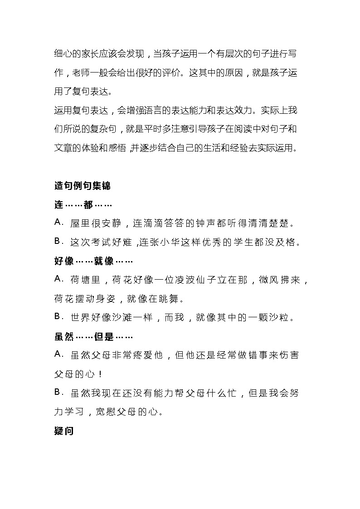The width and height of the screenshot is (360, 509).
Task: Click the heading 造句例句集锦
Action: coord(82,186)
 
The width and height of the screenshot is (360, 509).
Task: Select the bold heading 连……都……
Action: coord(80,205)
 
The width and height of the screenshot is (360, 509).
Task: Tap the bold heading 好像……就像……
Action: coord(93,262)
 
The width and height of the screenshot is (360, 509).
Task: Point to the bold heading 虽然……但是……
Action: coord(93,337)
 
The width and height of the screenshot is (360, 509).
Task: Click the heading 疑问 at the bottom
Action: coord(63,431)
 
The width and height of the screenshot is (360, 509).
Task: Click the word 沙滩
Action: coord(124,318)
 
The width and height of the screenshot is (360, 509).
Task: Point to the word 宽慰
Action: coord(105,412)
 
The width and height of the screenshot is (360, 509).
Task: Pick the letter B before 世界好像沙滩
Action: coord(58,317)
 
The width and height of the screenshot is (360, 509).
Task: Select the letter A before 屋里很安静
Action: coord(58,223)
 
